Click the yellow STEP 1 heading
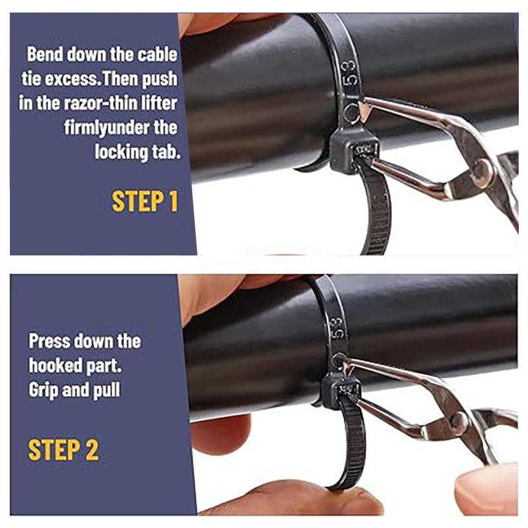[x=145, y=201]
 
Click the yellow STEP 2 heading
[x=63, y=450]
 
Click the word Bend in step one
[x=45, y=55]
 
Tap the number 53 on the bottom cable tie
[x=337, y=327]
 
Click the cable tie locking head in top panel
[x=354, y=151]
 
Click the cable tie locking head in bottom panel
[x=340, y=391]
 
